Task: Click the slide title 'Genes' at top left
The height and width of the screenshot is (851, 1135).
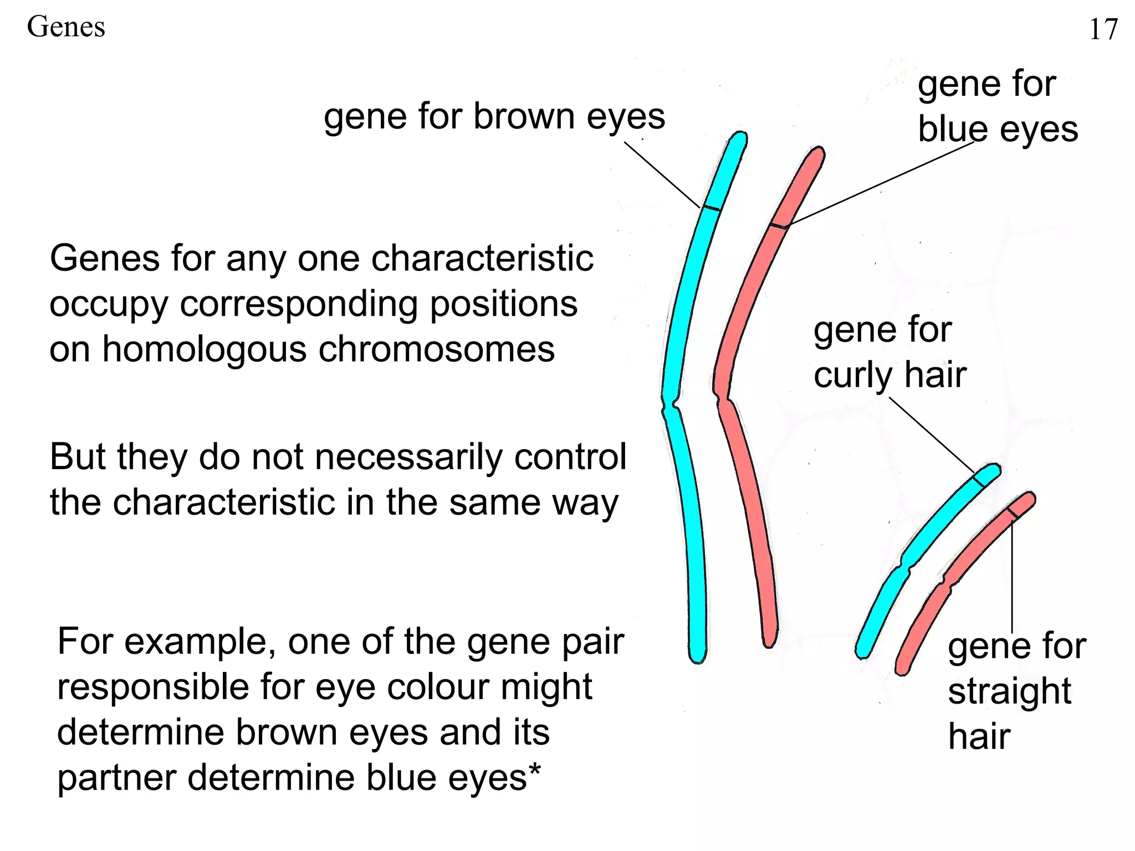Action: point(66,27)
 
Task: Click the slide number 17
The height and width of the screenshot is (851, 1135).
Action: point(1103,29)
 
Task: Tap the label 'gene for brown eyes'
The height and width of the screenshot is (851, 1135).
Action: point(494,117)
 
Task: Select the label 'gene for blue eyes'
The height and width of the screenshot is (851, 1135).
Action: point(997,106)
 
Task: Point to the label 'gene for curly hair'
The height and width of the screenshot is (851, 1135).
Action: point(889,352)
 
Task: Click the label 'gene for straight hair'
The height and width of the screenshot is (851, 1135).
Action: point(1016,691)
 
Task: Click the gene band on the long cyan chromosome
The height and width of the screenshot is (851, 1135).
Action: point(712,208)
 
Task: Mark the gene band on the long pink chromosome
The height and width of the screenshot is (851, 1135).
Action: point(779,225)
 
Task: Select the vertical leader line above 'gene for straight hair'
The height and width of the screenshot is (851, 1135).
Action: point(1012,576)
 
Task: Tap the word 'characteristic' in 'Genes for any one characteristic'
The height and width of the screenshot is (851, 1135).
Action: point(482,259)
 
